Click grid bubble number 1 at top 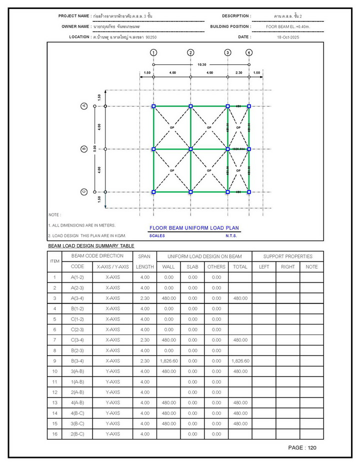(x=153, y=52)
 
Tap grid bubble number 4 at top (x=249, y=52)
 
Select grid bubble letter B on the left (x=84, y=149)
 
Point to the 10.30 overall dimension (x=201, y=64)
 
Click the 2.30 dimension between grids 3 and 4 (x=238, y=73)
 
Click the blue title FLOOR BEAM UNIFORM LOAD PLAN (x=194, y=228)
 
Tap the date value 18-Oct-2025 (x=287, y=37)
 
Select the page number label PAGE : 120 (x=302, y=447)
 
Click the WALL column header (x=168, y=266)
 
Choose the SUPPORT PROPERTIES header (x=287, y=256)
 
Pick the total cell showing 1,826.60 (x=240, y=360)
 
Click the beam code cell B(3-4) (x=77, y=360)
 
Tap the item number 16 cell (x=54, y=434)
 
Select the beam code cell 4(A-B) (x=77, y=402)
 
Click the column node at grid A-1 (x=153, y=106)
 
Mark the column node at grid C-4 (x=249, y=191)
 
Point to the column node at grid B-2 (x=190, y=149)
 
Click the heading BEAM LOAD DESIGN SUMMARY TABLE (x=91, y=246)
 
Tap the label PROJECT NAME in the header (x=74, y=16)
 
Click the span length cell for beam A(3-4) (x=145, y=298)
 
